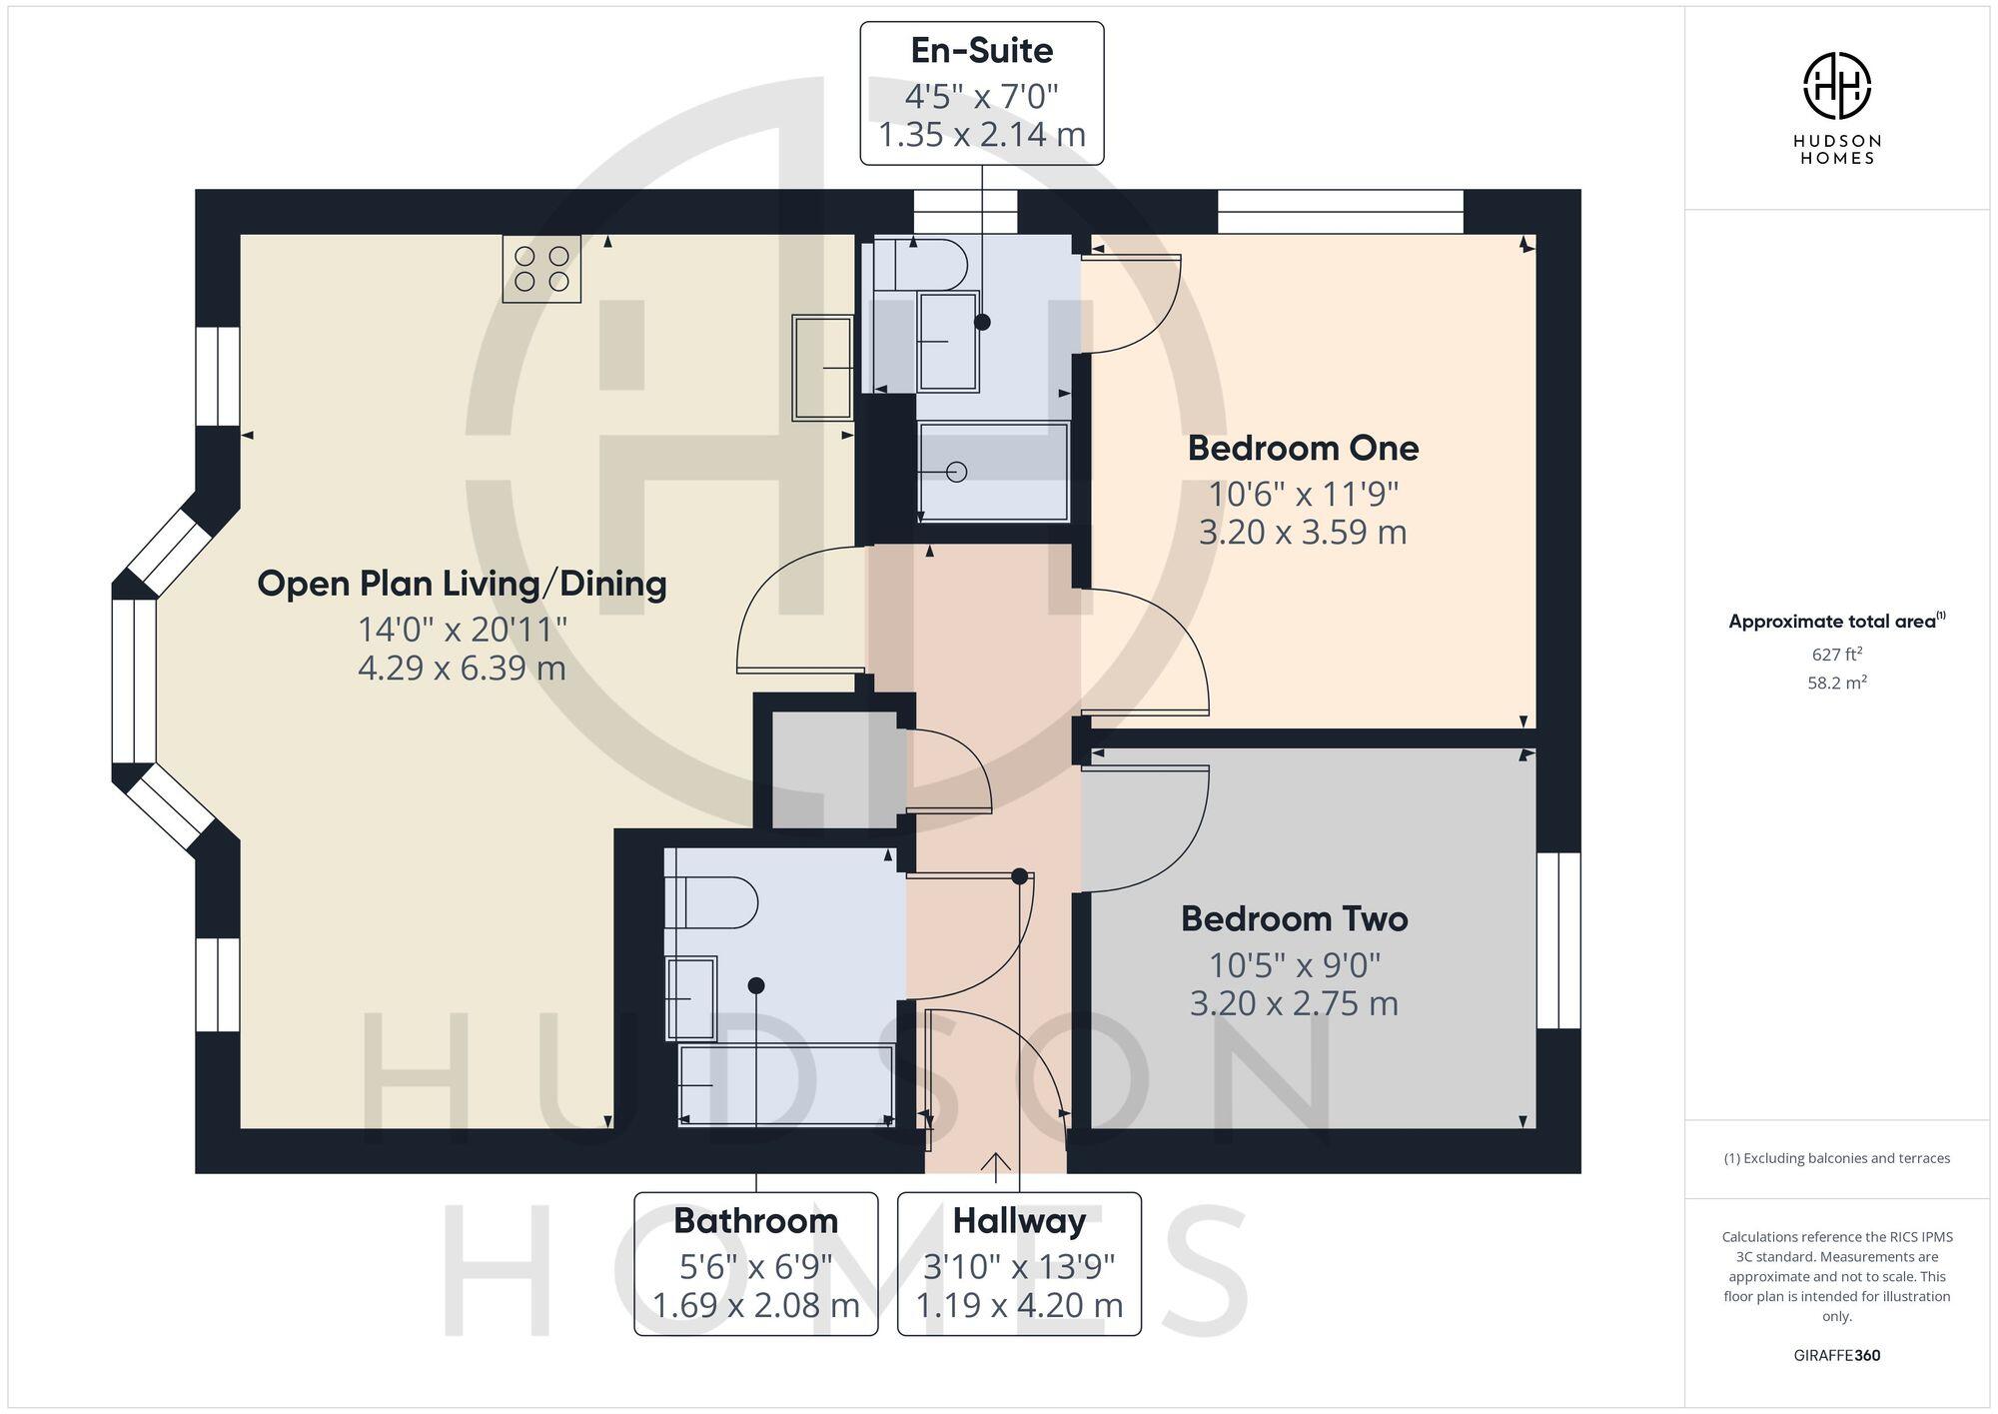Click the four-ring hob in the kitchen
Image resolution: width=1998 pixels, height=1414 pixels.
click(541, 269)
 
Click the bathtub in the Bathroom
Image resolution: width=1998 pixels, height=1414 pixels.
click(785, 1084)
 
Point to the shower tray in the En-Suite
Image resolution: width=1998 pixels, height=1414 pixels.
click(993, 472)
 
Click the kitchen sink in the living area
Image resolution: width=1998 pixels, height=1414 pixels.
click(822, 367)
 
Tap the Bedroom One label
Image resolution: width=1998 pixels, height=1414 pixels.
click(1303, 448)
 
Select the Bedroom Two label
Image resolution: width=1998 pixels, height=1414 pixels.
click(1294, 918)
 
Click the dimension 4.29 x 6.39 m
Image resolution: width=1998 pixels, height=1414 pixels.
click(462, 668)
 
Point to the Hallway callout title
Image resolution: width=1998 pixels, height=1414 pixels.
click(1019, 1220)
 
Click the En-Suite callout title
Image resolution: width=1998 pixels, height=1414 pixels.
click(981, 50)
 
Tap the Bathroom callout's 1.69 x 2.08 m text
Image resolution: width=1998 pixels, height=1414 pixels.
click(755, 1305)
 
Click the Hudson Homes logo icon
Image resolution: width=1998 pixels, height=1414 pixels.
click(1836, 86)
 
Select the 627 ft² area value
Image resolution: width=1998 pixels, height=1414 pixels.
click(1836, 655)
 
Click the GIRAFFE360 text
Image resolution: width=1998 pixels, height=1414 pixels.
click(1836, 1355)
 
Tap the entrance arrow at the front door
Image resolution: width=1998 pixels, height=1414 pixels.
click(995, 1162)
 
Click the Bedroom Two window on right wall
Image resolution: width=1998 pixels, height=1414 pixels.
click(1558, 940)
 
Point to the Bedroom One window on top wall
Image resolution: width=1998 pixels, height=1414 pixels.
click(1340, 211)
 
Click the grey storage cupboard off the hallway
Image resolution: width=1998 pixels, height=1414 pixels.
click(834, 769)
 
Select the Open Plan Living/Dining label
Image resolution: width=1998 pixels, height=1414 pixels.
click(462, 584)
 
